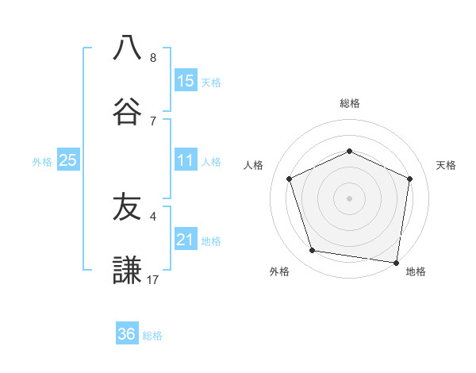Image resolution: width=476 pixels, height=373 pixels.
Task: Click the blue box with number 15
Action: click(x=186, y=81)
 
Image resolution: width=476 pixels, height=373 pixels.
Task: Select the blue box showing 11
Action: click(x=186, y=161)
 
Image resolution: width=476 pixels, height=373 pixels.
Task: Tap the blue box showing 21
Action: click(x=186, y=240)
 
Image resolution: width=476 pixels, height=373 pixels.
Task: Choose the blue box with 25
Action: click(x=68, y=161)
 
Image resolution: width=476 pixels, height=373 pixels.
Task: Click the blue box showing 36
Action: click(x=127, y=334)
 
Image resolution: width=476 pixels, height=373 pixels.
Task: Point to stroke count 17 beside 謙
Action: click(x=153, y=279)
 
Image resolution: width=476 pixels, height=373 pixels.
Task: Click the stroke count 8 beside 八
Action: click(x=153, y=57)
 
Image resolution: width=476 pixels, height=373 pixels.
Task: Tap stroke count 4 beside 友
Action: click(x=153, y=215)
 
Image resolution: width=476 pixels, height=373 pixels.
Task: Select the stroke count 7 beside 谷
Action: click(x=153, y=121)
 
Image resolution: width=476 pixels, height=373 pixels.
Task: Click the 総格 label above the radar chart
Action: click(x=349, y=103)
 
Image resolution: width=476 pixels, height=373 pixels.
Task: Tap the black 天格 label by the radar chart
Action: click(x=446, y=165)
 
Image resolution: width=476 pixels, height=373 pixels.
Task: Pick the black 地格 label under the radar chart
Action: click(x=416, y=271)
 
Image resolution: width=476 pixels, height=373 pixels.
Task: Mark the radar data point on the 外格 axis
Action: click(x=313, y=251)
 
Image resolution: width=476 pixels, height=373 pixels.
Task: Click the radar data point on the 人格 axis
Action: click(x=290, y=179)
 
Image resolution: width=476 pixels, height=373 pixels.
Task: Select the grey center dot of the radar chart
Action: click(x=349, y=198)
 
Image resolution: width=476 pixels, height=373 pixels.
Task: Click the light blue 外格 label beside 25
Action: click(x=42, y=162)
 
